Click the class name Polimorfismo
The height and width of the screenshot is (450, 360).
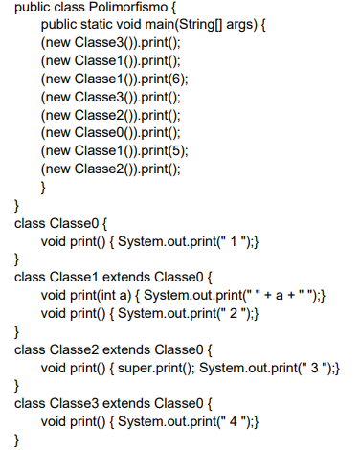coord(128,7)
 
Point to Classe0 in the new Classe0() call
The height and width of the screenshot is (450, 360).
coord(99,133)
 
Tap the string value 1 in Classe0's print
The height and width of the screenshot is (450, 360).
coord(234,241)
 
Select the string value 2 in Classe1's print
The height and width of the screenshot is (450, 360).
coord(234,314)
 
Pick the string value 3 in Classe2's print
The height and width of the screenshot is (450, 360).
coord(315,368)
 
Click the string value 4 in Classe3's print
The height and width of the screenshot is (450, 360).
coord(234,422)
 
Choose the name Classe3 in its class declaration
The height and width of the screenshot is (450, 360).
coord(74,404)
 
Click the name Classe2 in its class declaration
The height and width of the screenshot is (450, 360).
coord(74,349)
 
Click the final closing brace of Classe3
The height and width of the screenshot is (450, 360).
coord(16,440)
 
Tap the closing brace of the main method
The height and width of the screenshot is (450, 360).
coord(43,187)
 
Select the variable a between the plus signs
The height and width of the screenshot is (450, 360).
coord(280,296)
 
